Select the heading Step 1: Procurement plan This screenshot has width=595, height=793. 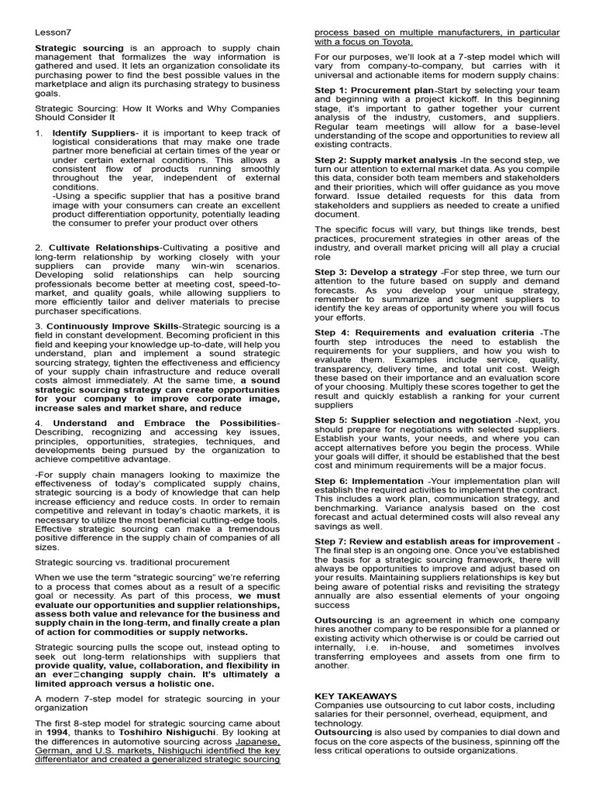click(374, 91)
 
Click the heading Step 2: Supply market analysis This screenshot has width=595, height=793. click(386, 160)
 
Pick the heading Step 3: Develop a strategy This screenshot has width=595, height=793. click(376, 272)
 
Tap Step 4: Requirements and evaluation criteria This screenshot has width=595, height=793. click(425, 332)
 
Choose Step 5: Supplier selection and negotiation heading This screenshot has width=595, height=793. click(413, 420)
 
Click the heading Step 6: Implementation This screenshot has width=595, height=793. click(369, 481)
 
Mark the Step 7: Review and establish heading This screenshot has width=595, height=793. click(435, 541)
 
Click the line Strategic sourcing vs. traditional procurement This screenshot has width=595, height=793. click(132, 561)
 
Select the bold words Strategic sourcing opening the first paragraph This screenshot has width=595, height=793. click(79, 48)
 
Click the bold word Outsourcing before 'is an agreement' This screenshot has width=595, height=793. click(343, 620)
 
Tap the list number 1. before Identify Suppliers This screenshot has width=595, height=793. click(39, 134)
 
